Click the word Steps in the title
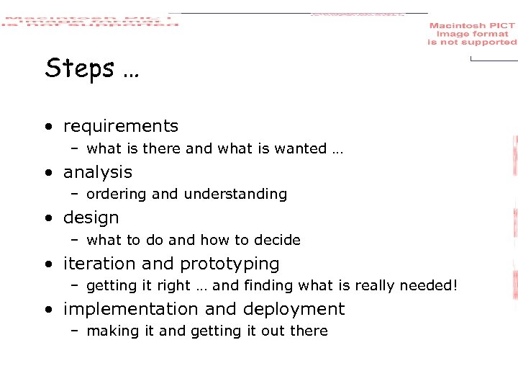[80, 68]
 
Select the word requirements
[121, 126]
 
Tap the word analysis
[98, 172]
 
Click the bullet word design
[91, 218]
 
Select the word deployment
[294, 310]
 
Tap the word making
[108, 331]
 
